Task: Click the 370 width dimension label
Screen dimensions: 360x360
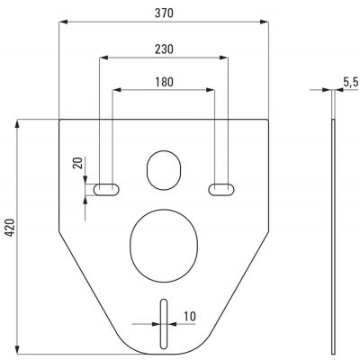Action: coord(164,13)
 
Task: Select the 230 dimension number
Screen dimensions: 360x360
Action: coord(164,49)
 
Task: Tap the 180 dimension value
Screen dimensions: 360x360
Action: coord(164,82)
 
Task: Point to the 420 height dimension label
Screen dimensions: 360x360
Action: coord(11,228)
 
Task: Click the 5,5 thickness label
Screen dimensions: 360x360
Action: coord(351,83)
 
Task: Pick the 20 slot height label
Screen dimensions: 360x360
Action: coord(77,164)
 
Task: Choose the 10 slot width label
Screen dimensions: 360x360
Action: coord(190,316)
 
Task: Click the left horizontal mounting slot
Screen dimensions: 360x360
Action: coord(106,189)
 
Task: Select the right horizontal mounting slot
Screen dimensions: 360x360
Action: coord(221,189)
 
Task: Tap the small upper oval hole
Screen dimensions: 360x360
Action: coord(164,170)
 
